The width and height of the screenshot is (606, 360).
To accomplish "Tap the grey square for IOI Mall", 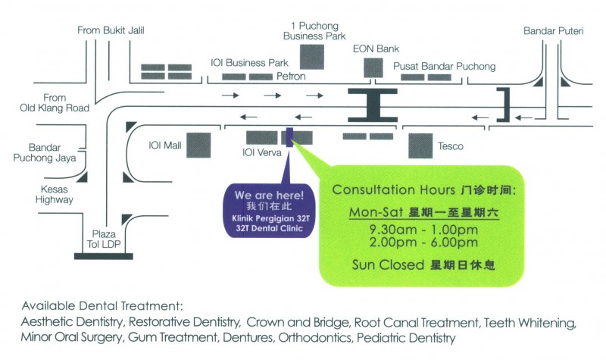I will tap(198, 145).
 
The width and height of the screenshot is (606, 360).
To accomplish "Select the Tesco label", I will tap(450, 146).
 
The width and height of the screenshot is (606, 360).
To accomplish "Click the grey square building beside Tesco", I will tap(420, 146).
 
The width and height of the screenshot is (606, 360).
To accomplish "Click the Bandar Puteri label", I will tap(549, 31).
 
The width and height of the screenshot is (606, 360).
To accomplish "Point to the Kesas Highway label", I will tap(53, 195).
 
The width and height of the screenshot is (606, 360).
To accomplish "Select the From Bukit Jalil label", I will tap(111, 30).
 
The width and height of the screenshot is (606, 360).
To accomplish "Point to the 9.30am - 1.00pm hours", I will tap(414, 230).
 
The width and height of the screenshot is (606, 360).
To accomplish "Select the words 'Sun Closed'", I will tap(381, 265).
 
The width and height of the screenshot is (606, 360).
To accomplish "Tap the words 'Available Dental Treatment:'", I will tap(102, 307).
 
